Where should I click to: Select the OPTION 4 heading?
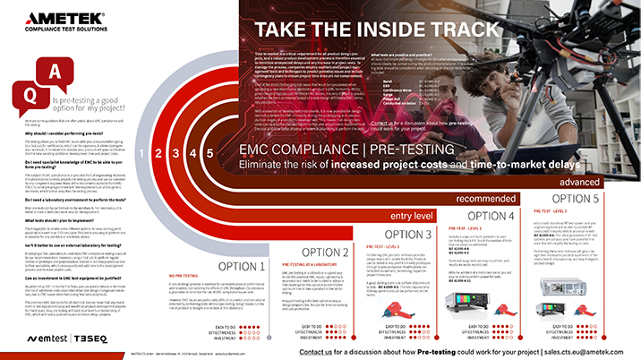[493, 216]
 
